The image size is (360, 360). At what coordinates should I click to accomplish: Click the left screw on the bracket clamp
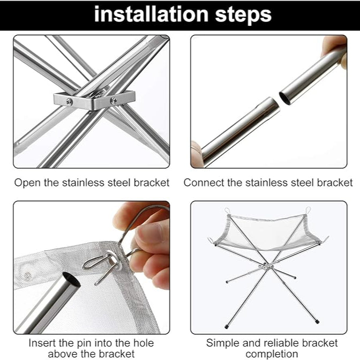click(x=70, y=101)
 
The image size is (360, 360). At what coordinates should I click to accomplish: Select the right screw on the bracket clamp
click(x=113, y=100)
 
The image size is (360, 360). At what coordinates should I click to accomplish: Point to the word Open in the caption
click(x=27, y=183)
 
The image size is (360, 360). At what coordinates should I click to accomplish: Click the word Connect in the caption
click(x=204, y=183)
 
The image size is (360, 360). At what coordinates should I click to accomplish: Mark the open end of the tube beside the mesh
click(x=70, y=280)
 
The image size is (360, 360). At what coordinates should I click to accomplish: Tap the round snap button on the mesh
click(x=27, y=276)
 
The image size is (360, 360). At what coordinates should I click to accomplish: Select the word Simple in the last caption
click(x=222, y=343)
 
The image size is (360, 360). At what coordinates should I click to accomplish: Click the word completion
click(x=272, y=354)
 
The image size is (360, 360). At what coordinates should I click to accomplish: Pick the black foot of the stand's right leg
click(x=317, y=322)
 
